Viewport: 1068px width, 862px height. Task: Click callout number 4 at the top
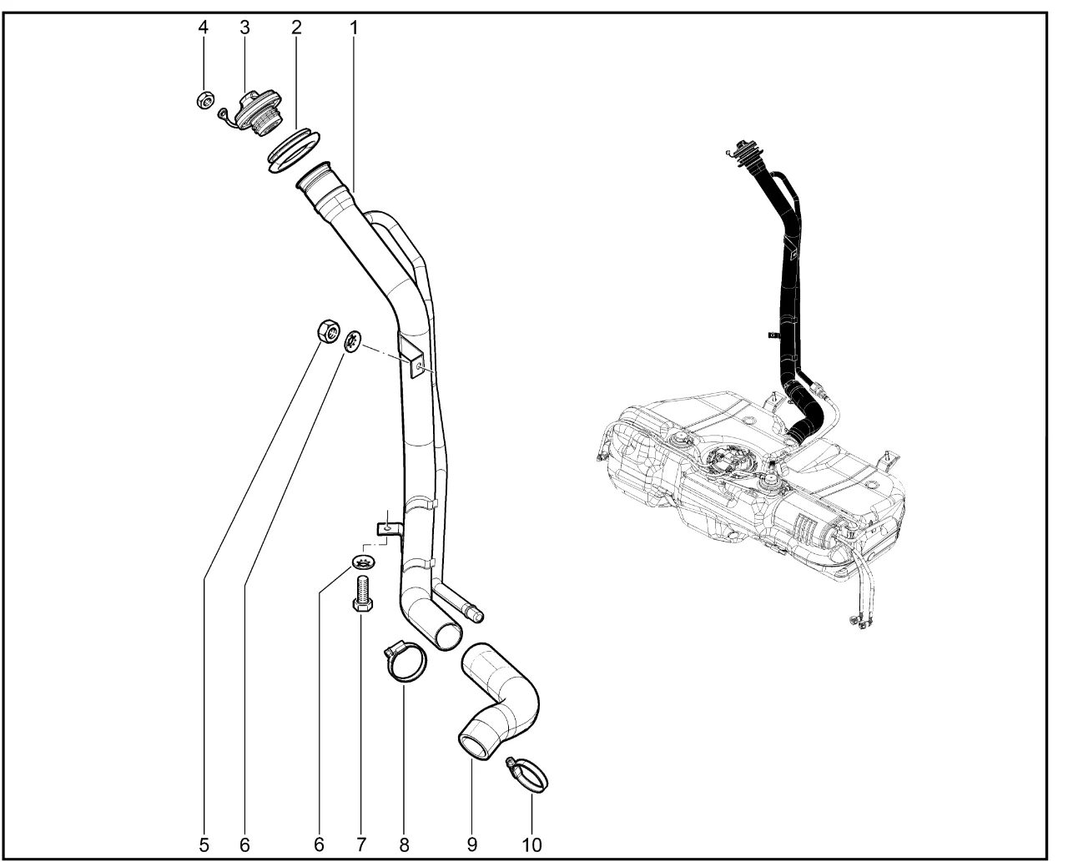coord(204,27)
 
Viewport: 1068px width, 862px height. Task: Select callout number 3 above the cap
coord(244,27)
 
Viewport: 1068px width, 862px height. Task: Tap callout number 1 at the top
coord(354,27)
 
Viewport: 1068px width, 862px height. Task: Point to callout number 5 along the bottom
coord(204,844)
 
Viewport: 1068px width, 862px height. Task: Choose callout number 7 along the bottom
coord(361,844)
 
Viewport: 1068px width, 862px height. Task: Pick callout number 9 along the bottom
coord(472,844)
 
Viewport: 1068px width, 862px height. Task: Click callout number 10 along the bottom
coord(531,844)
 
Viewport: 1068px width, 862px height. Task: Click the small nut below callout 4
coord(203,101)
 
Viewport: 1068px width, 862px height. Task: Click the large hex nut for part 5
coord(328,332)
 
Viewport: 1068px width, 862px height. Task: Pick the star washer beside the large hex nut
coord(353,341)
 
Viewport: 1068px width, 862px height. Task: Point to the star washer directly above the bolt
coord(365,562)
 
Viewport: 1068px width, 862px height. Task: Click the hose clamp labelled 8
coord(405,663)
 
